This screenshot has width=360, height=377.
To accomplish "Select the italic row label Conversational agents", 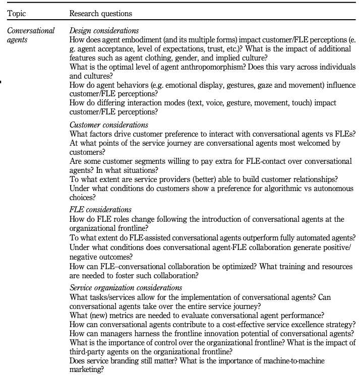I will (x=31, y=35).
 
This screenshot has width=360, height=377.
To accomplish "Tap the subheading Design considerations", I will (x=104, y=31).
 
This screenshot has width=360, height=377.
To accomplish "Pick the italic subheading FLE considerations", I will (x=100, y=210).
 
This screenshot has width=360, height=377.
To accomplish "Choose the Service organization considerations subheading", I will (x=126, y=287).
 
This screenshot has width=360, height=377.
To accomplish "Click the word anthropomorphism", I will (x=206, y=66).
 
